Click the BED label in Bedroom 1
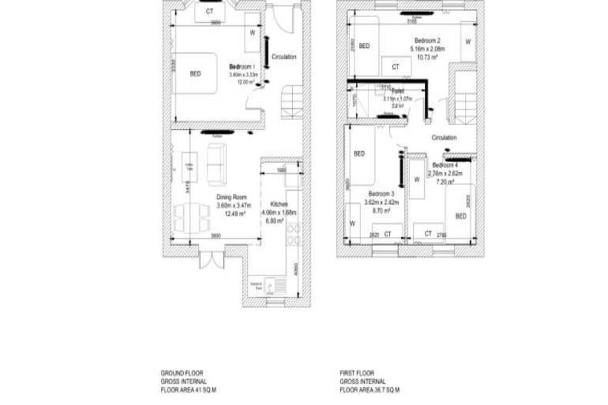[x=195, y=74]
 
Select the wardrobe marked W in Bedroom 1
[x=252, y=33]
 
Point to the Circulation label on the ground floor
[x=284, y=56]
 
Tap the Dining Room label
[x=231, y=197]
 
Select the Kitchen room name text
[x=279, y=204]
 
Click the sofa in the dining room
[x=217, y=164]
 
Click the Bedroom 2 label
[x=428, y=40]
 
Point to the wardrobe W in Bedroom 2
[x=467, y=41]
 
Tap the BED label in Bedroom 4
[x=460, y=216]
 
